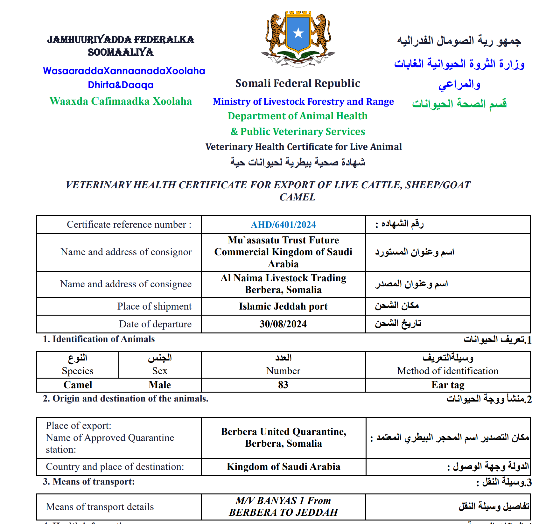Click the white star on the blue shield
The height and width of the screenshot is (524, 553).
(x=298, y=33)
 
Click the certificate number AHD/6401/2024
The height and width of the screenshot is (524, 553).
(x=283, y=225)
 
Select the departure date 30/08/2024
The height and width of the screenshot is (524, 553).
(x=283, y=324)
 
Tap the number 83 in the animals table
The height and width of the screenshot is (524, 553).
(x=283, y=385)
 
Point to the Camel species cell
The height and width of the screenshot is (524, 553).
(x=78, y=385)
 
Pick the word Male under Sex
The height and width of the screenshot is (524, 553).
(x=160, y=385)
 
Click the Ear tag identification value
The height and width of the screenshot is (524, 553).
(x=448, y=385)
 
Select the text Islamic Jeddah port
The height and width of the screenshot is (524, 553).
(x=283, y=306)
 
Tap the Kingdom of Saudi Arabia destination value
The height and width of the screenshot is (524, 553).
(x=283, y=467)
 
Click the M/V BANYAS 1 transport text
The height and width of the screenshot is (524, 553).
(x=283, y=501)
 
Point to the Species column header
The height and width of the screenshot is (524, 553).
(x=78, y=371)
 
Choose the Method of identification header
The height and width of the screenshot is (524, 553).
(x=448, y=371)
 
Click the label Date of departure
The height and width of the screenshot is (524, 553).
(x=155, y=324)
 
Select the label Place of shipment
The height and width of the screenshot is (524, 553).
(x=154, y=306)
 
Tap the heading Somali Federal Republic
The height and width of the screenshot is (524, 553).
(x=297, y=83)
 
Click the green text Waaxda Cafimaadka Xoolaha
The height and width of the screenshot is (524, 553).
(x=121, y=101)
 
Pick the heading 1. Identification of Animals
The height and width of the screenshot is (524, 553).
(x=99, y=339)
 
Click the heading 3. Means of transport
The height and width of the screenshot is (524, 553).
(x=89, y=482)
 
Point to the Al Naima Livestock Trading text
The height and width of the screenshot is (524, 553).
(x=283, y=278)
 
